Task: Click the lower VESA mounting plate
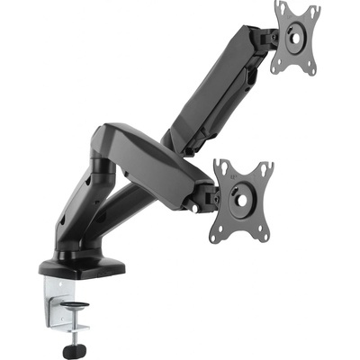[241, 199]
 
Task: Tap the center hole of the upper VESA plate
[295, 37]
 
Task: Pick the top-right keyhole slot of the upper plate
[314, 11]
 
